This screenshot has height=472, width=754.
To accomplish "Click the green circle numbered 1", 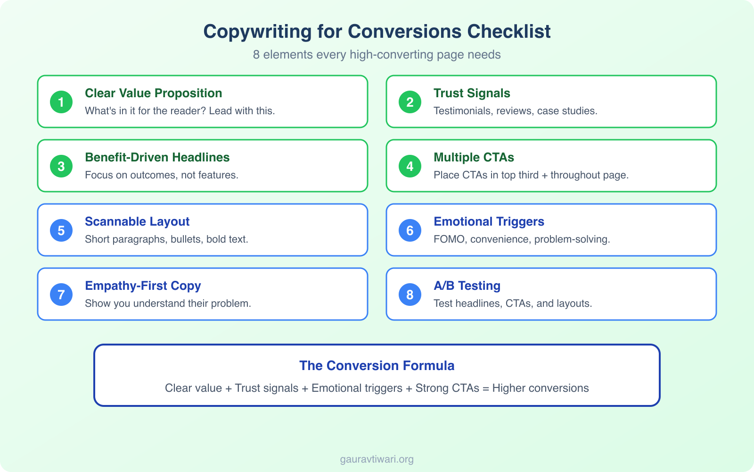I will [x=61, y=102].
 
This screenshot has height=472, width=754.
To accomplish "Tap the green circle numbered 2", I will [x=410, y=102].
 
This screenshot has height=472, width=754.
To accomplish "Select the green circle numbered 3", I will [x=61, y=166].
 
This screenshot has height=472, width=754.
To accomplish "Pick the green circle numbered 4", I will [x=410, y=166].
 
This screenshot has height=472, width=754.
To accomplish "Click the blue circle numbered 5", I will [x=61, y=230].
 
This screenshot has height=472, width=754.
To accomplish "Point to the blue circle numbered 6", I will [x=410, y=230].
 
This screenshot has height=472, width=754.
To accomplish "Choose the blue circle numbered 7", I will [x=61, y=295].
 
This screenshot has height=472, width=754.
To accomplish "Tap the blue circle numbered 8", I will [x=410, y=295].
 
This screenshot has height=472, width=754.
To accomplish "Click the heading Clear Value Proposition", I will [x=153, y=93].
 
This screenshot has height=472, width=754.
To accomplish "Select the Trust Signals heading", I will [x=472, y=93].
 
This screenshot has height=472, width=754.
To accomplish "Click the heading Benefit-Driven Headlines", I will [x=157, y=157].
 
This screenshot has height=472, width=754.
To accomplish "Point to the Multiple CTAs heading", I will [x=474, y=157].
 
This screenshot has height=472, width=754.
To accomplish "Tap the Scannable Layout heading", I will [x=137, y=221].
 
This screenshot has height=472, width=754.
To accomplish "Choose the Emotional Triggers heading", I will [x=489, y=221].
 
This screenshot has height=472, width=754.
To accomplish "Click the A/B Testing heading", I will [x=467, y=286].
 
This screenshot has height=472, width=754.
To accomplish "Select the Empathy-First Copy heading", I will [x=143, y=286].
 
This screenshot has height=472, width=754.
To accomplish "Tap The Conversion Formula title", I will [x=377, y=366].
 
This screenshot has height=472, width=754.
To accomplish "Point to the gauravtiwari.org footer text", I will [x=377, y=459].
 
